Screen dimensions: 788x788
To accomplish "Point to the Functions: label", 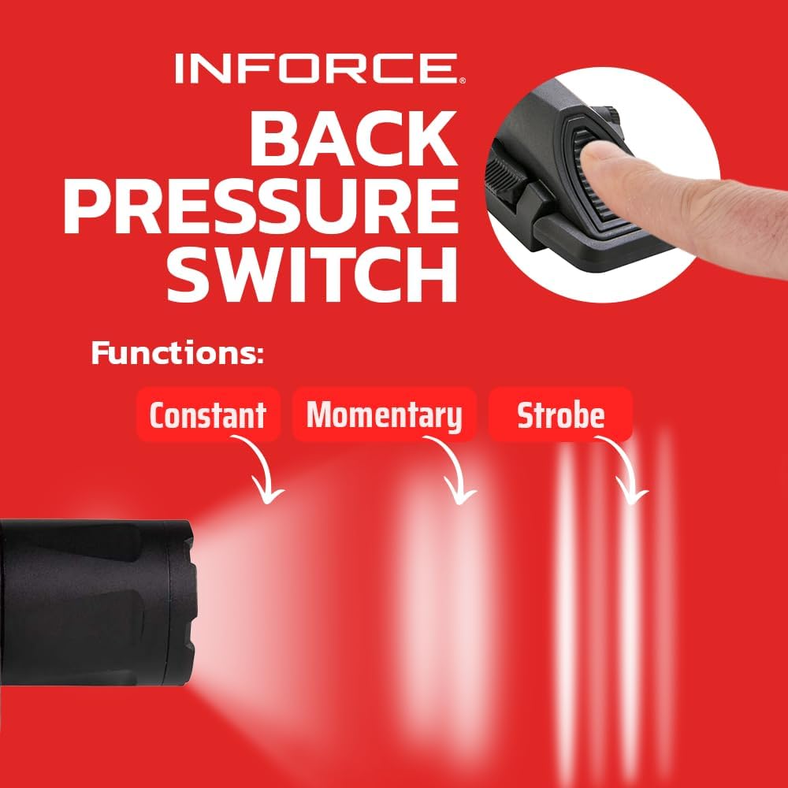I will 177,353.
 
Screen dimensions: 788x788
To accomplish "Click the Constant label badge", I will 207,414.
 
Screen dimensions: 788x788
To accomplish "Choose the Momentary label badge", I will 384,414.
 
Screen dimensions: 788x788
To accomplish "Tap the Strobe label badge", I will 560,414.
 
